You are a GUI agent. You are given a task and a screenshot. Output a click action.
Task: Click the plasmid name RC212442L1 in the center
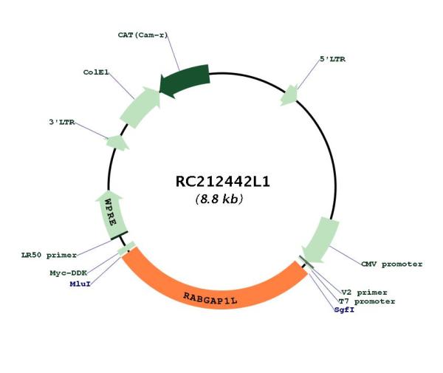click(x=223, y=182)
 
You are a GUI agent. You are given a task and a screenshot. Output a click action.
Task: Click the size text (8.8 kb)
click(x=219, y=199)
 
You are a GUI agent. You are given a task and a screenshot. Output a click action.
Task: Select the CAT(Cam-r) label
click(x=142, y=35)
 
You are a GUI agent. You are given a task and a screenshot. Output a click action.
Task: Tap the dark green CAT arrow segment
click(x=185, y=80)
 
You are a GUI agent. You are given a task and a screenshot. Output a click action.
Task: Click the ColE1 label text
click(x=96, y=72)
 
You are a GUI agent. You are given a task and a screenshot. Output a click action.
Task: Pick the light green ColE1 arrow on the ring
click(x=140, y=108)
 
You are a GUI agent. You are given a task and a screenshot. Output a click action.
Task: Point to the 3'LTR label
click(x=62, y=122)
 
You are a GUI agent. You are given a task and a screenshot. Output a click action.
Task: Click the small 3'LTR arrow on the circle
click(x=117, y=143)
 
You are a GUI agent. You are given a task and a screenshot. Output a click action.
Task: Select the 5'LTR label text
click(x=332, y=59)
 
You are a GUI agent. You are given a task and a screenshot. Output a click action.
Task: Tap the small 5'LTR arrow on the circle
click(x=289, y=95)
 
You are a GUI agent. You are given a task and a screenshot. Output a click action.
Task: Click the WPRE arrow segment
click(x=111, y=214)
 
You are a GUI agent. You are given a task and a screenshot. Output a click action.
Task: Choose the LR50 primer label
click(x=49, y=255)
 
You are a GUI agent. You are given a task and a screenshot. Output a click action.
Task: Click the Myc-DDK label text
click(x=69, y=273)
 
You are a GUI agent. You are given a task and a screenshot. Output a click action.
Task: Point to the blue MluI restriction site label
click(x=80, y=284)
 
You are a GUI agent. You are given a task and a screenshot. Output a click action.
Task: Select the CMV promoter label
click(x=392, y=264)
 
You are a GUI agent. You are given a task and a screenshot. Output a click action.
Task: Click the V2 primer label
click(x=364, y=292)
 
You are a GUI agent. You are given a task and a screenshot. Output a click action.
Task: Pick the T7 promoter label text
click(x=367, y=301)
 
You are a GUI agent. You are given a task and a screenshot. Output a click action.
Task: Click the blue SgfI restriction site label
click(x=344, y=310)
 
